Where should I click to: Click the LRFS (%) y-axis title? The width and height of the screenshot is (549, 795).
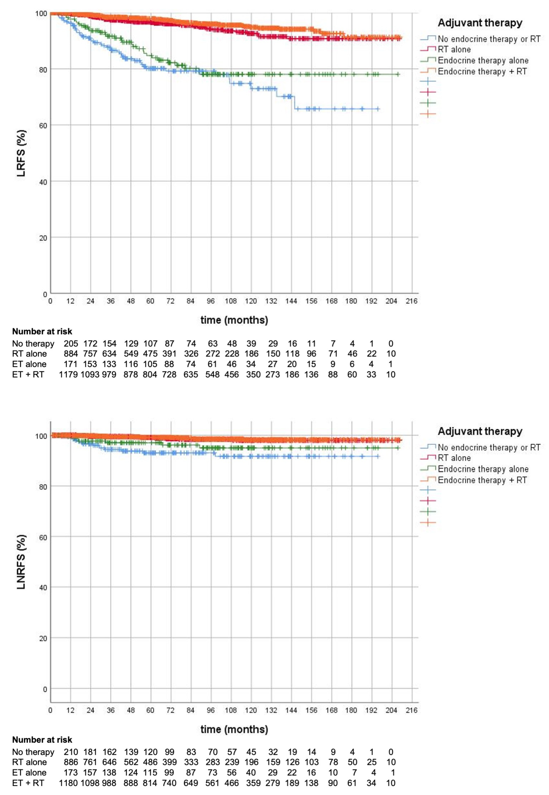[x=21, y=153]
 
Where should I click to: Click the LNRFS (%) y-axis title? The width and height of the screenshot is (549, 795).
[x=21, y=562]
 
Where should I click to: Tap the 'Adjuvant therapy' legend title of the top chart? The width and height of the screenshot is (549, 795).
[x=480, y=23]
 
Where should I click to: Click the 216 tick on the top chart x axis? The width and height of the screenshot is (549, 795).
[x=411, y=301]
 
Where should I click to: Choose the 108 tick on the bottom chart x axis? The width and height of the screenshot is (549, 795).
[x=231, y=710]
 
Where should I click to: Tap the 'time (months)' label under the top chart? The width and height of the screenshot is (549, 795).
[x=234, y=320]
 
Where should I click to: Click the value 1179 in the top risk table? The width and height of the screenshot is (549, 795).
[x=68, y=374]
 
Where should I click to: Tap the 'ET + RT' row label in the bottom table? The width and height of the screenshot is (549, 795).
[x=28, y=783]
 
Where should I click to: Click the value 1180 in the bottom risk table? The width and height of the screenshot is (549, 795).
[x=68, y=783]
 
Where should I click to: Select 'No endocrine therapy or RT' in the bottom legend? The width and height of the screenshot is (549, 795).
[x=488, y=447]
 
